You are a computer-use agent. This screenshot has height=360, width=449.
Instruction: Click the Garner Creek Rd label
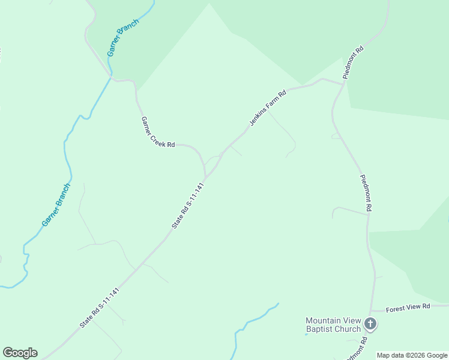click(x=158, y=131)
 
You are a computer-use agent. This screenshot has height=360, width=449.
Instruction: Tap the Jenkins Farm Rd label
click(x=268, y=107)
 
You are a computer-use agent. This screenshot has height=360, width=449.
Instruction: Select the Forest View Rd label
click(x=409, y=306)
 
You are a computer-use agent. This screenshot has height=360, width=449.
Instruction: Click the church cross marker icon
click(x=371, y=325)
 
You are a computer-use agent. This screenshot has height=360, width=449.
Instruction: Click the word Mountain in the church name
click(x=324, y=320)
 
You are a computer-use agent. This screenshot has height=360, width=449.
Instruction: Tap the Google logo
click(x=20, y=353)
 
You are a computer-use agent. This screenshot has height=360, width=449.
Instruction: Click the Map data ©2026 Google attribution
click(x=412, y=355)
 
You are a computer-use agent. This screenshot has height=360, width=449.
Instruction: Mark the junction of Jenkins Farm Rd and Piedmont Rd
click(x=343, y=83)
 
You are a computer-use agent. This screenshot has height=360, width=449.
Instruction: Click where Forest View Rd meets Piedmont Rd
click(x=373, y=311)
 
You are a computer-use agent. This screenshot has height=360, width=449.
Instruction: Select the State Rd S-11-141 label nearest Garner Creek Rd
click(x=188, y=205)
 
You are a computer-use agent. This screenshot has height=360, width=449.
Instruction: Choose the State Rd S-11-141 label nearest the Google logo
click(x=100, y=307)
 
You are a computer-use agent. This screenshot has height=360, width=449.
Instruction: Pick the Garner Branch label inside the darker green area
click(x=123, y=38)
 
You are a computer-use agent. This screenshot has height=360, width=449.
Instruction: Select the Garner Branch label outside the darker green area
click(x=56, y=205)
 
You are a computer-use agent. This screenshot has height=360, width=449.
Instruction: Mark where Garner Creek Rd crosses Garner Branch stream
click(x=110, y=78)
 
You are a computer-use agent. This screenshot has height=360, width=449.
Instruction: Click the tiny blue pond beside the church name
click(x=306, y=333)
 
